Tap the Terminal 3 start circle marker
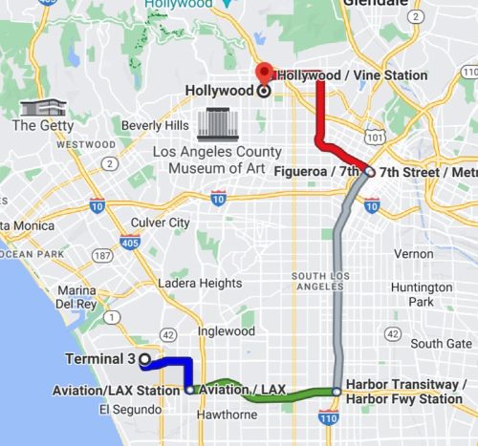144,359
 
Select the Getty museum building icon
37,108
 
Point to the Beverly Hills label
155,125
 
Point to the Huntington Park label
422,294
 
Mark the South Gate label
441,344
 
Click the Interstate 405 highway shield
130,244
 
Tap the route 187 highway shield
101,257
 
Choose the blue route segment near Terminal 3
177,360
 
